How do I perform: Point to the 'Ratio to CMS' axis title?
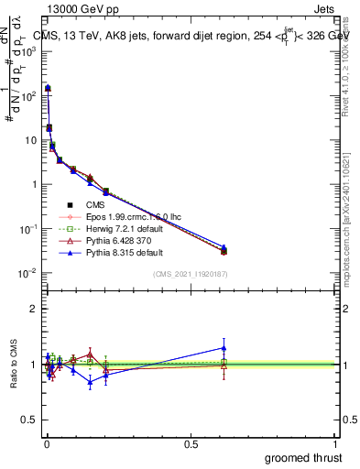point(13,365)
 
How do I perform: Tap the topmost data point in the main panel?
point(48,88)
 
